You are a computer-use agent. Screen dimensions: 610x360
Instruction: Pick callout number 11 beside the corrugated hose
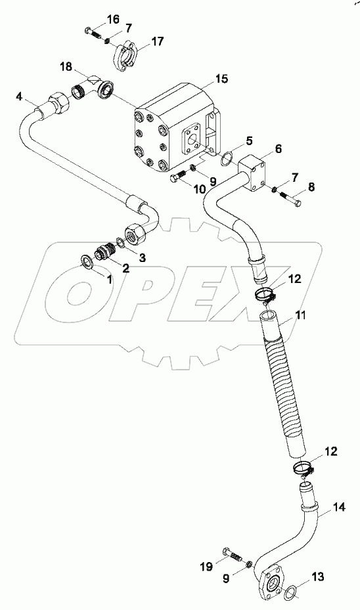pos(300,316)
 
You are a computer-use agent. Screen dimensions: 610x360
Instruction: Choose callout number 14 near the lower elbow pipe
pos(320,507)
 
